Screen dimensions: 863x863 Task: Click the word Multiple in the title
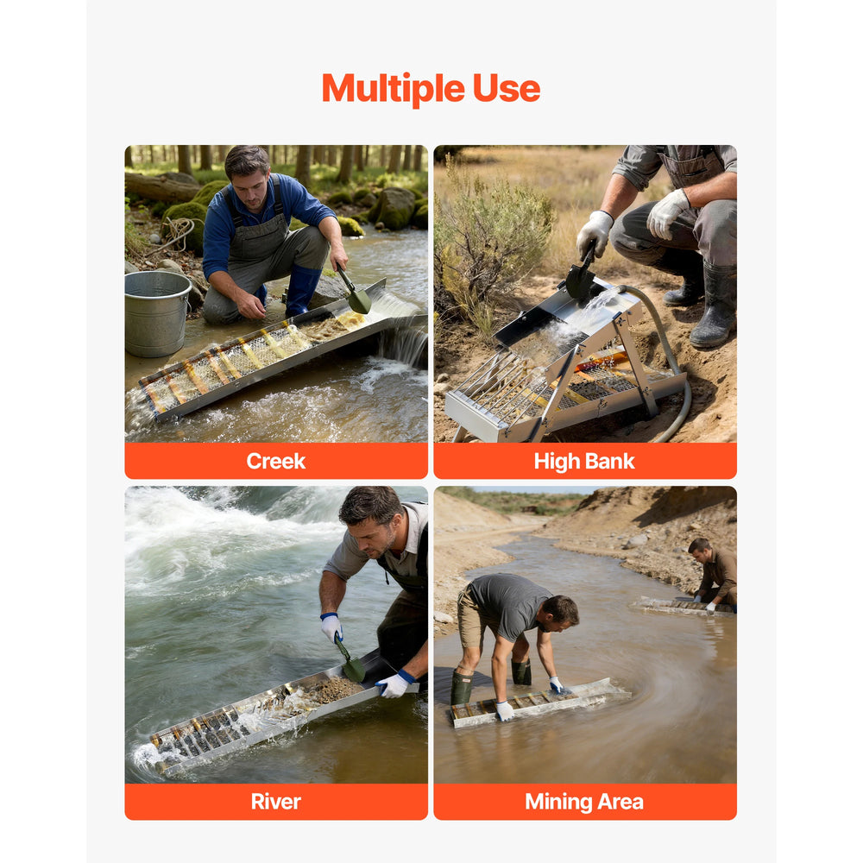tap(393, 89)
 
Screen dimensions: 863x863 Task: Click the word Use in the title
tap(507, 89)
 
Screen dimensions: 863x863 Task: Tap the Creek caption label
tap(276, 461)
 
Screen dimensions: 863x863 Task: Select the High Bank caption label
tap(584, 461)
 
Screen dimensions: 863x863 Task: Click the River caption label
tap(276, 802)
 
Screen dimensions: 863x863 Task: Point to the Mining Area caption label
tap(584, 802)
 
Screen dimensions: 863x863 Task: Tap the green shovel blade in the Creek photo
tap(359, 300)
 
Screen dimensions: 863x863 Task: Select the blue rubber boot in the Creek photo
tap(301, 289)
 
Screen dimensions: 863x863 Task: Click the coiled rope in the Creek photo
tap(177, 231)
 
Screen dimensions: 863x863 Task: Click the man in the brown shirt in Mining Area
tap(714, 574)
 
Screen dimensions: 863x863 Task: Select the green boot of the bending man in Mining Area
tap(461, 687)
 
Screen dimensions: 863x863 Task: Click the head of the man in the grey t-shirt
tap(560, 614)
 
